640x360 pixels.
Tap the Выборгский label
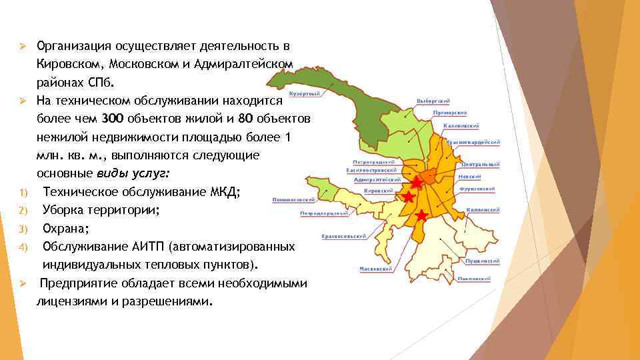pos(433,101)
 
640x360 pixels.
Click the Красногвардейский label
pos(473,143)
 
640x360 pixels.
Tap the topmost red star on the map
pos(415,182)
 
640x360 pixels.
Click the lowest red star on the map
pos(421,215)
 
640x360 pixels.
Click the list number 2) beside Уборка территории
pos(23,211)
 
